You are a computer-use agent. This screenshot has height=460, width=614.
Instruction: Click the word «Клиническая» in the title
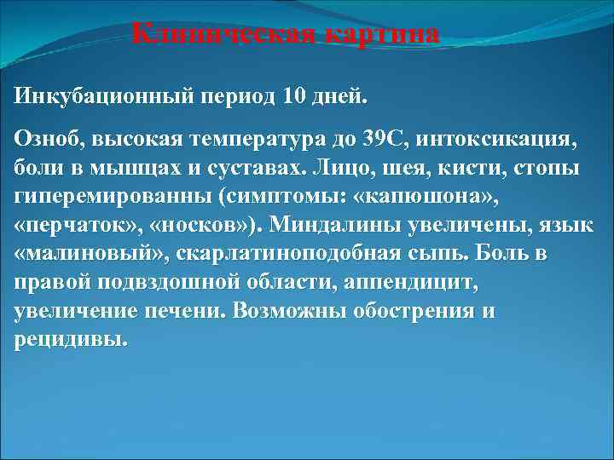coord(223,35)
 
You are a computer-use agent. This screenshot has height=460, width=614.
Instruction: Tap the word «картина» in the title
coord(379,35)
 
